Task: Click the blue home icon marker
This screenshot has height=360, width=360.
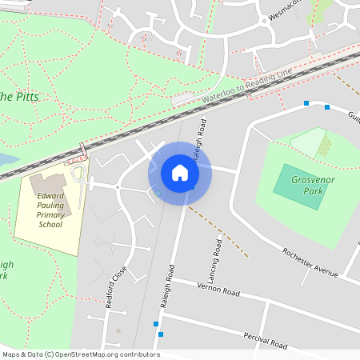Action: (x=180, y=173)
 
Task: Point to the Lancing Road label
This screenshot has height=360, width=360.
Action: (x=217, y=254)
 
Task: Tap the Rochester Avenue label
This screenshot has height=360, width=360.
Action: (x=310, y=262)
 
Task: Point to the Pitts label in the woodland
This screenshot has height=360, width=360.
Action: (x=24, y=97)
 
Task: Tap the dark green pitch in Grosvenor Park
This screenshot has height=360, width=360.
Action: (x=299, y=186)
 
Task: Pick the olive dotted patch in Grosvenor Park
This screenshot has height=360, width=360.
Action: (x=323, y=146)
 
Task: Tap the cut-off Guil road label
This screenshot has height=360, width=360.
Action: (x=353, y=117)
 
